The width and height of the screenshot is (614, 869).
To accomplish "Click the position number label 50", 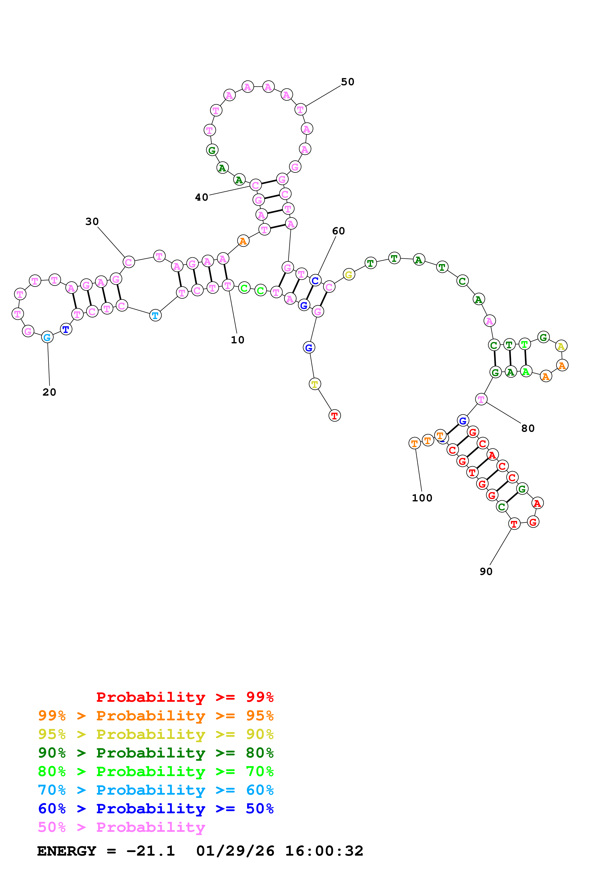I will click(x=347, y=82).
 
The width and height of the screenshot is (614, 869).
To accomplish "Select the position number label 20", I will click(x=49, y=392).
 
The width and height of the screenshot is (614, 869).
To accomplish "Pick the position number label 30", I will click(x=92, y=221).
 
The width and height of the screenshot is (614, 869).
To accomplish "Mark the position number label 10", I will click(x=238, y=340).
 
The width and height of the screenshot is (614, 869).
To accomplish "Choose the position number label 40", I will click(x=202, y=197).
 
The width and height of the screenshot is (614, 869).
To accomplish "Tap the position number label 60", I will click(x=338, y=231).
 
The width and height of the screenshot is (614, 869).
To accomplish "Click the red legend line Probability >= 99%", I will click(x=185, y=697).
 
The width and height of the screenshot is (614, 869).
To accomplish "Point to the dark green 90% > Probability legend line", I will click(x=156, y=753).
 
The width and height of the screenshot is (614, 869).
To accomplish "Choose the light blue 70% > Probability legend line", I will click(x=156, y=790).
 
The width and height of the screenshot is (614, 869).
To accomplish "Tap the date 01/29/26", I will click(x=235, y=851).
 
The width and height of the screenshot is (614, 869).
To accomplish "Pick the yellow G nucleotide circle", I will click(x=348, y=274).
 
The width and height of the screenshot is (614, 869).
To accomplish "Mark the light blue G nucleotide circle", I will click(x=47, y=337).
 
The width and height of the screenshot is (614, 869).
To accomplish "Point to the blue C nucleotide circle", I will click(x=315, y=280).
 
